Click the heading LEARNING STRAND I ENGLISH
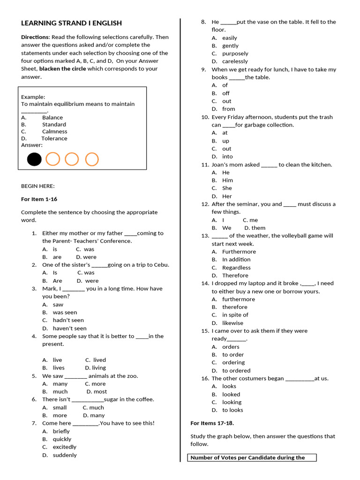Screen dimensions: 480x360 point(71,23)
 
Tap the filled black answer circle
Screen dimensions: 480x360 point(34,159)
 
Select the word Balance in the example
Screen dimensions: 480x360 point(52,118)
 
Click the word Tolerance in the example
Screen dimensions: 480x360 point(54,139)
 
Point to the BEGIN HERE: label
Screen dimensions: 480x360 point(37,186)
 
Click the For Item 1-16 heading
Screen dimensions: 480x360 point(39,199)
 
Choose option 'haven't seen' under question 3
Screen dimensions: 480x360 point(69,328)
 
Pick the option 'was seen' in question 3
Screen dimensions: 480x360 point(65,312)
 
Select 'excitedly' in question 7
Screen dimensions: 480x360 point(64,447)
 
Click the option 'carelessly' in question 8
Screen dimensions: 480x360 point(235,61)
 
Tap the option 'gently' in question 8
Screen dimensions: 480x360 point(230,45)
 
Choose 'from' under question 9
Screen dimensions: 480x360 point(228,109)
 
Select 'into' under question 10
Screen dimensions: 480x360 point(227,157)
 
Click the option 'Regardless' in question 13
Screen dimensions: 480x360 point(236,268)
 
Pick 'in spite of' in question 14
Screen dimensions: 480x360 point(235,315)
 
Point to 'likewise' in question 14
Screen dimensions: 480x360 point(232,323)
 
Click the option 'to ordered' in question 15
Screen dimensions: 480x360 point(236,370)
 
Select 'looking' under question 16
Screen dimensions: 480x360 point(232,402)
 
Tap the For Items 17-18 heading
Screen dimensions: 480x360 point(212,423)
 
